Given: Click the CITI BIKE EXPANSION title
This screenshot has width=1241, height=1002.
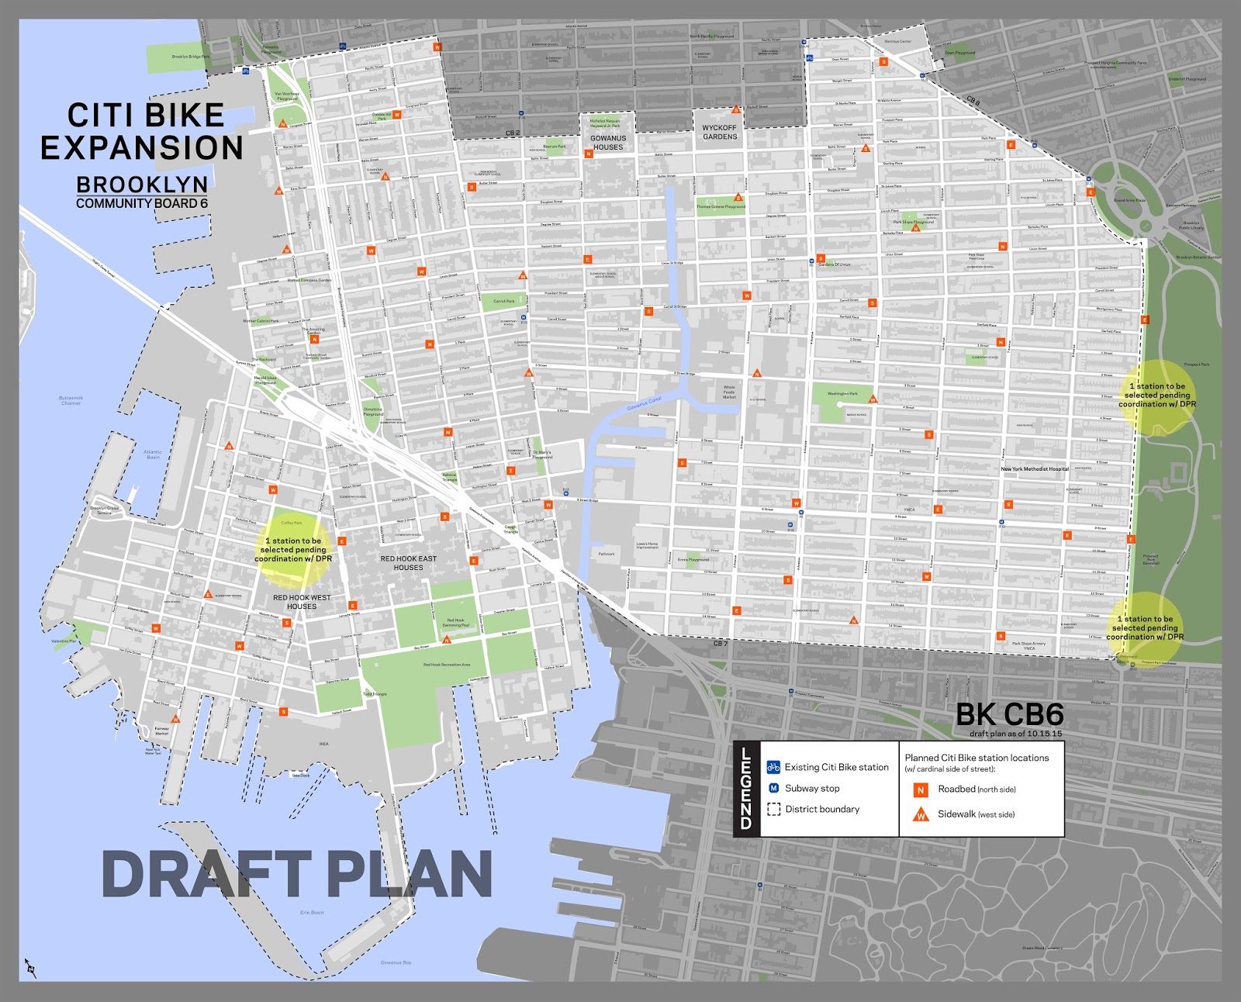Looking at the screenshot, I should tap(143, 132).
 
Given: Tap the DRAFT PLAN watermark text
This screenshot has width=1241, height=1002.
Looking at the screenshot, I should tap(297, 874).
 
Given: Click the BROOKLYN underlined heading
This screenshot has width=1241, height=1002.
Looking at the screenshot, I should tap(142, 185).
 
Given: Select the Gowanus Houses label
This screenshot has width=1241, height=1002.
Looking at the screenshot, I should tap(608, 143).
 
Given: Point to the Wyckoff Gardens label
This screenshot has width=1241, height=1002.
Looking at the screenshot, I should tap(720, 133).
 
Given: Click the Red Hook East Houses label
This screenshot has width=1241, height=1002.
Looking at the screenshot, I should tap(408, 563).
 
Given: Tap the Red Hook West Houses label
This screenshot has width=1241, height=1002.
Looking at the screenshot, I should tap(302, 602).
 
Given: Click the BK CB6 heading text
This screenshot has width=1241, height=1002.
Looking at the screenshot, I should tap(1009, 714).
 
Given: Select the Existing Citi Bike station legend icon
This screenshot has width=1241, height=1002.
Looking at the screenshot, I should tap(773, 767).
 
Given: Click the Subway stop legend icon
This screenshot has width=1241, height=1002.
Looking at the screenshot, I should tap(773, 788).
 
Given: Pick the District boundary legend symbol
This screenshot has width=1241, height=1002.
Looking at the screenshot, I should tap(773, 809).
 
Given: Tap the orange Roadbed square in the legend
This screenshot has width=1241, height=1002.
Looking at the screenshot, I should tap(921, 790).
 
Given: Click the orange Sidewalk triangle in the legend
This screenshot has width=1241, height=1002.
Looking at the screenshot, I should tap(921, 814).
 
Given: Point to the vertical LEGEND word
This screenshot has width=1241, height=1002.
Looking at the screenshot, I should tap(746, 788).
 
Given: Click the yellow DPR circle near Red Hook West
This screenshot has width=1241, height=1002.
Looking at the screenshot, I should tap(293, 550).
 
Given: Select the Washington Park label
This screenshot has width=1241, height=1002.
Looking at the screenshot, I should tap(842, 394).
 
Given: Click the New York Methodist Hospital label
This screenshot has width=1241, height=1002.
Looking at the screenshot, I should tap(1035, 469).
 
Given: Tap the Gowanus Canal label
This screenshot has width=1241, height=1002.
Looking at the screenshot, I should tap(645, 403).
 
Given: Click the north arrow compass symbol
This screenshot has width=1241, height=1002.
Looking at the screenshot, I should tap(30, 968).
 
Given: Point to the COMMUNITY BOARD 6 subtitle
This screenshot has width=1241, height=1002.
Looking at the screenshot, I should tap(142, 203).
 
